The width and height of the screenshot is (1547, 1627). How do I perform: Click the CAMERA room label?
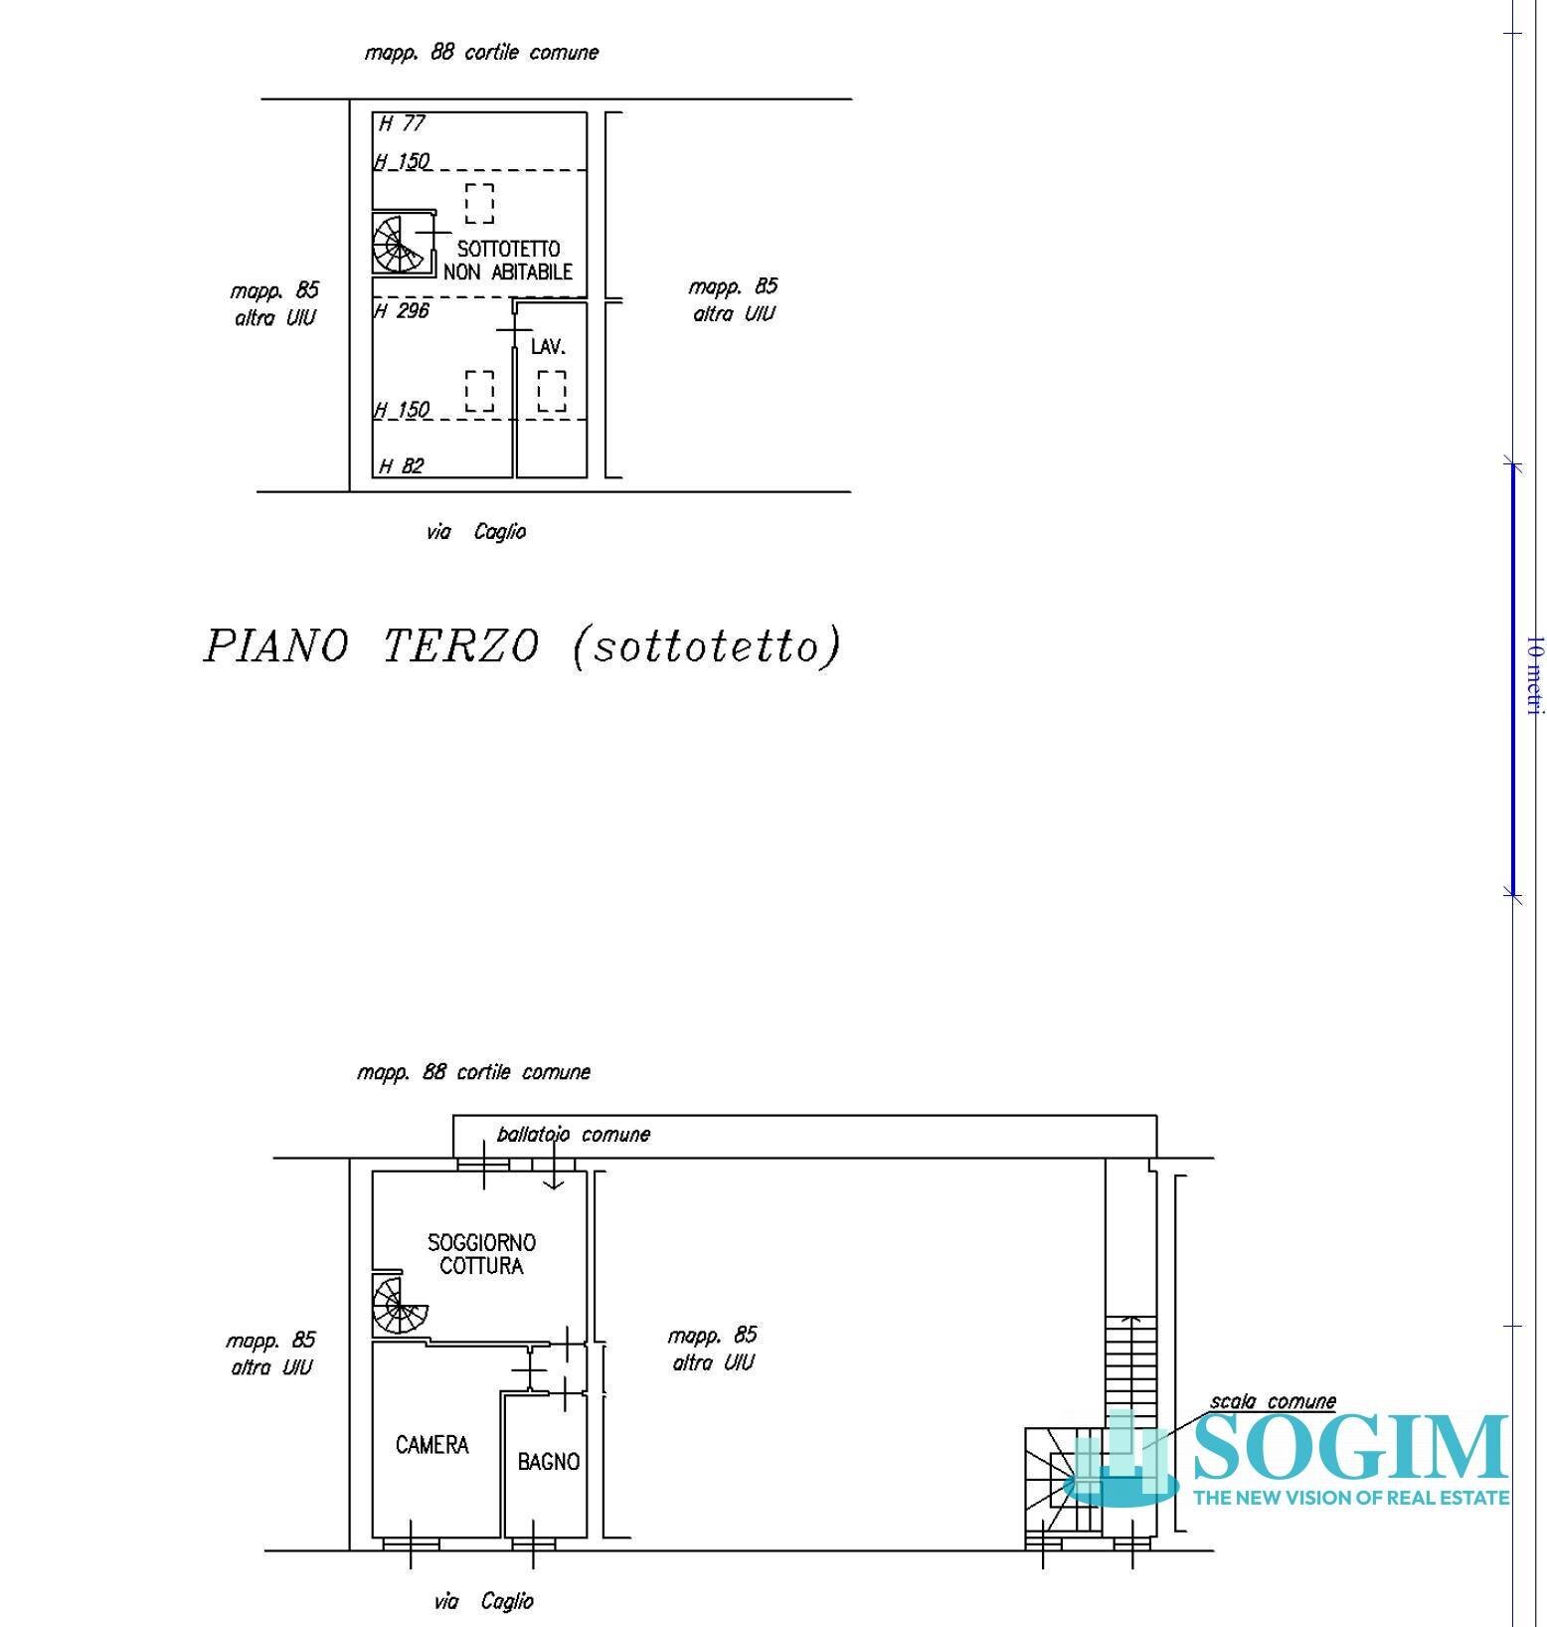pos(431,1445)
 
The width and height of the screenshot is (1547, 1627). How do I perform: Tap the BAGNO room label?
pos(548,1462)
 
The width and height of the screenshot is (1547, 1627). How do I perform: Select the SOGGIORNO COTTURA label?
pos(481,1254)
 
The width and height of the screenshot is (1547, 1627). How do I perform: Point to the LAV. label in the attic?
pos(548,347)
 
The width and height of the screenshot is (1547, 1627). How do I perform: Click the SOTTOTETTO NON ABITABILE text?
pos(508,261)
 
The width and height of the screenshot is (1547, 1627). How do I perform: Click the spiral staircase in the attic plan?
pos(400,245)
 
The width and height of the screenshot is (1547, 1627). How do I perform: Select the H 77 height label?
pos(403,123)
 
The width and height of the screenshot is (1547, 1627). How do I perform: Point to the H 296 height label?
pos(402,311)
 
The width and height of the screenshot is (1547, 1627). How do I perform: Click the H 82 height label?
pos(402,465)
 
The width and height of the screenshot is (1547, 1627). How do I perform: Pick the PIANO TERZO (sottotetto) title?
pos(522,646)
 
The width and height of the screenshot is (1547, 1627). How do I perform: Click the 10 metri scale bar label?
pos(1534,676)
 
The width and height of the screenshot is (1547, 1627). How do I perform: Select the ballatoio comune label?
pos(573,1135)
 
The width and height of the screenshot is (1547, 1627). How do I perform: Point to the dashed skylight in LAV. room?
pos(552,391)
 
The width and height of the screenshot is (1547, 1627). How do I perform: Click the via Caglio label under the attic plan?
pos(476,532)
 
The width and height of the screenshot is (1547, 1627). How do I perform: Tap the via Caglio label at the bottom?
pos(483,1601)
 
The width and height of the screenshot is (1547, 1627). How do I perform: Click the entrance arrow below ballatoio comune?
pos(554,1174)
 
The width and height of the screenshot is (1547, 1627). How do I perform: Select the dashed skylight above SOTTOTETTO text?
pos(479,204)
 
